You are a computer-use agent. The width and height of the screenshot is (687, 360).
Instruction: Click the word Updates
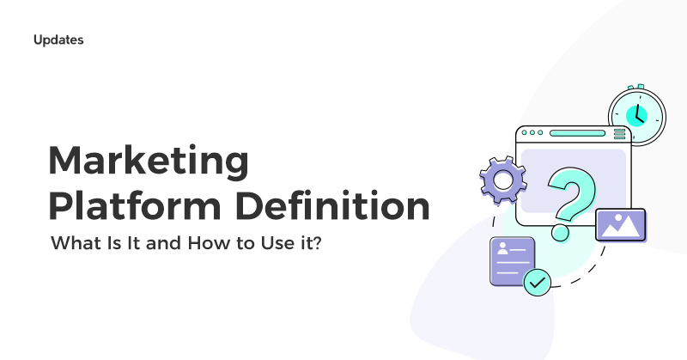pos(59,40)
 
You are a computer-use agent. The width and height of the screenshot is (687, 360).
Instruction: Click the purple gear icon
pos(502,181)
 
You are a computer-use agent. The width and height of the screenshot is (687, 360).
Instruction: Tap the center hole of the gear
pos(502,181)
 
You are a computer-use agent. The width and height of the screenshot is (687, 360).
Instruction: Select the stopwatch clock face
pos(637,114)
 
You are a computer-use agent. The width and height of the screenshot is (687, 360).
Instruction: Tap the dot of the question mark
pos(561,232)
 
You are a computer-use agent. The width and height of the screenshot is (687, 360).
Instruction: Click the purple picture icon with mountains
pos(620,224)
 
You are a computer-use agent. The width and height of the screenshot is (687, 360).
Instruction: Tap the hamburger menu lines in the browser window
pos(619,134)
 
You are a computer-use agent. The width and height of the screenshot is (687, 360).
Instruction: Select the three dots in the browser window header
pos(532,134)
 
